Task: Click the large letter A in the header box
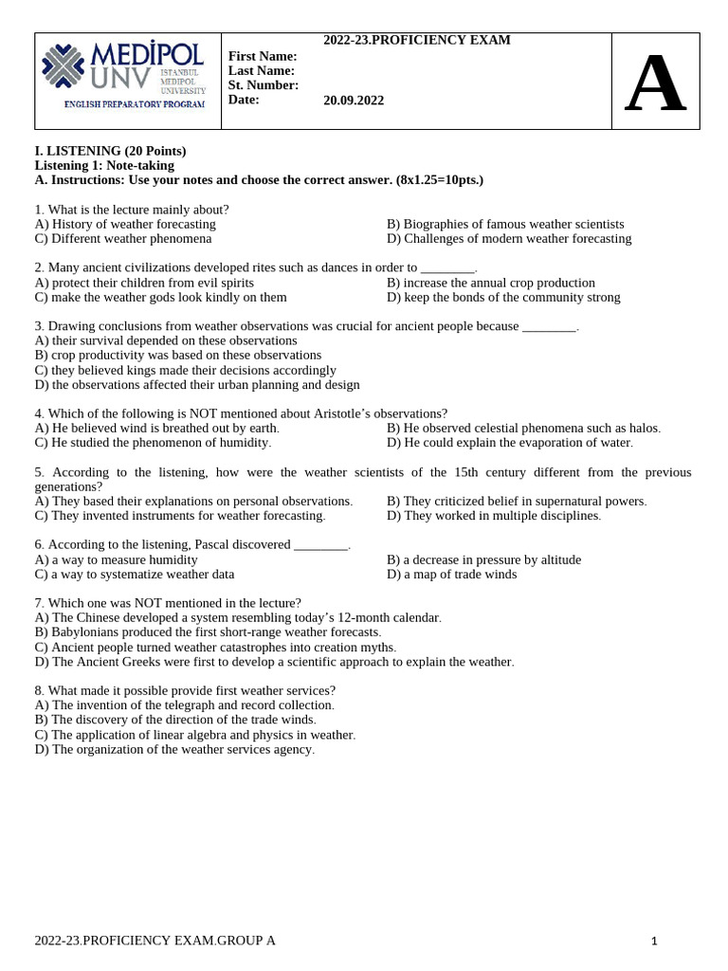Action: tap(655, 84)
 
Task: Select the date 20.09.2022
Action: tap(354, 100)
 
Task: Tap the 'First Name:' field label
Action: tap(263, 56)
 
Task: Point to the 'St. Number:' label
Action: tap(264, 84)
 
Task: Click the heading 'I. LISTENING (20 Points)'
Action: tap(110, 151)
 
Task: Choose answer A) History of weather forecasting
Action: tap(125, 224)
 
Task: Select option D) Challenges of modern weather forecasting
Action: tap(509, 238)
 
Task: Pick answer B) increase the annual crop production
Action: tap(491, 283)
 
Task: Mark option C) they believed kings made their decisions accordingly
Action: tap(185, 370)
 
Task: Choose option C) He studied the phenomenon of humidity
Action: tap(153, 442)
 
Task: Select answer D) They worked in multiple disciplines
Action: tap(494, 515)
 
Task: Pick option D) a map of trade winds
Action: tap(452, 574)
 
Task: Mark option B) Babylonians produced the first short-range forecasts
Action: tap(208, 632)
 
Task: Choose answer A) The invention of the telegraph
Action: tap(184, 705)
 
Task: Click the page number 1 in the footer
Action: tap(654, 941)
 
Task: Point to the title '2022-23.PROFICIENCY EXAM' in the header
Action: tap(417, 40)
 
